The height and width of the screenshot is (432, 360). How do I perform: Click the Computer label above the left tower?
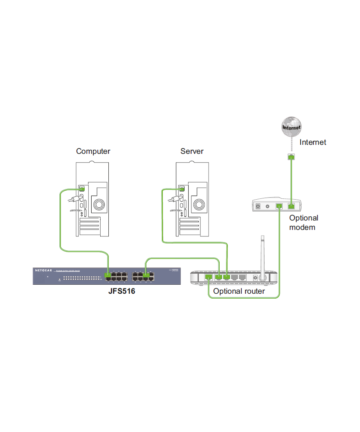(93, 151)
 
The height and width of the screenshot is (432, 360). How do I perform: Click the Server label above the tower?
(192, 151)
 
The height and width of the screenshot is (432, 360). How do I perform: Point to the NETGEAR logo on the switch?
(43, 270)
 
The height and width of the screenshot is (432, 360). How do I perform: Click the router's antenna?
(263, 254)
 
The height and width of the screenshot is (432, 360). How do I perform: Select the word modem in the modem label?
(302, 227)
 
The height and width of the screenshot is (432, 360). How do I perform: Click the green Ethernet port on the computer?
(82, 188)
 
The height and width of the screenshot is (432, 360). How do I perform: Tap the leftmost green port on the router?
(209, 277)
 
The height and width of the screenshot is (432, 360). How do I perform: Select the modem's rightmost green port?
(291, 206)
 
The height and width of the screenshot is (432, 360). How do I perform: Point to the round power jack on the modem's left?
(259, 206)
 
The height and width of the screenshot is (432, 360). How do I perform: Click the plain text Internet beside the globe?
(313, 142)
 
